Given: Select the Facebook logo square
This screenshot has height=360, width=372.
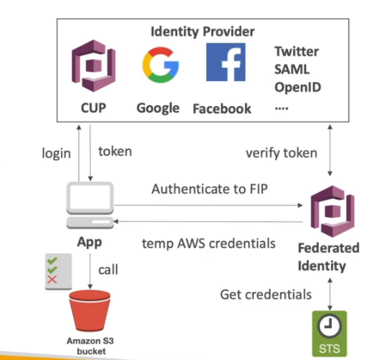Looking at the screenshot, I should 225,62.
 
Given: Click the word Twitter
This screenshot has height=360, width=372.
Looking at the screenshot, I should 296,51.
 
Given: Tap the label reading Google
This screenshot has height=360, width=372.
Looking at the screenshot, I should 158,108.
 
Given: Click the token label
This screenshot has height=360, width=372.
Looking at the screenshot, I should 115,151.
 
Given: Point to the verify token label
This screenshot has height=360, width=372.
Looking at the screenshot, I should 282,153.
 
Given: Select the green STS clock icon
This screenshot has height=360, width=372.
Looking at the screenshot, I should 330,332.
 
